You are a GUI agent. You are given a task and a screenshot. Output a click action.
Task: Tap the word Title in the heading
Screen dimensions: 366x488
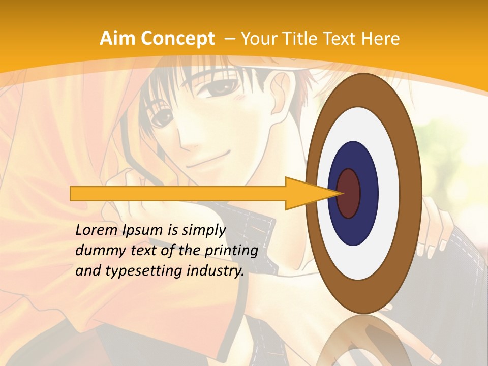(x=302, y=39)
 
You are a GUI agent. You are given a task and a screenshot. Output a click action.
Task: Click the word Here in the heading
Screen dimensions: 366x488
(x=380, y=39)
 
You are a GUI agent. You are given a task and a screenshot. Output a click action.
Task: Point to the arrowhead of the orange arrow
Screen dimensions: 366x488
(x=310, y=193)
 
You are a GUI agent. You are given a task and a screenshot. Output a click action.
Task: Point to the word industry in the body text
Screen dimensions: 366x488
(x=215, y=271)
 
